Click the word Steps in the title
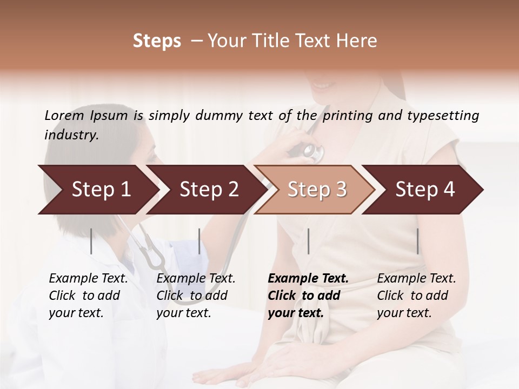pos(157,41)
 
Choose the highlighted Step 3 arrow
pos(317,190)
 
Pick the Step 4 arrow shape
pos(425,190)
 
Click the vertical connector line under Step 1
pos(91,241)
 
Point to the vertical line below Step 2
pos(199,241)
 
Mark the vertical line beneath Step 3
pos(308,241)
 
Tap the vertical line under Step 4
pos(417,241)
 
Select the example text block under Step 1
pos(88,296)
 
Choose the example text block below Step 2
pos(196,296)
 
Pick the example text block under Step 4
pos(416,296)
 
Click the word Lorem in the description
pos(64,115)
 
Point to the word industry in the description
pos(71,135)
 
